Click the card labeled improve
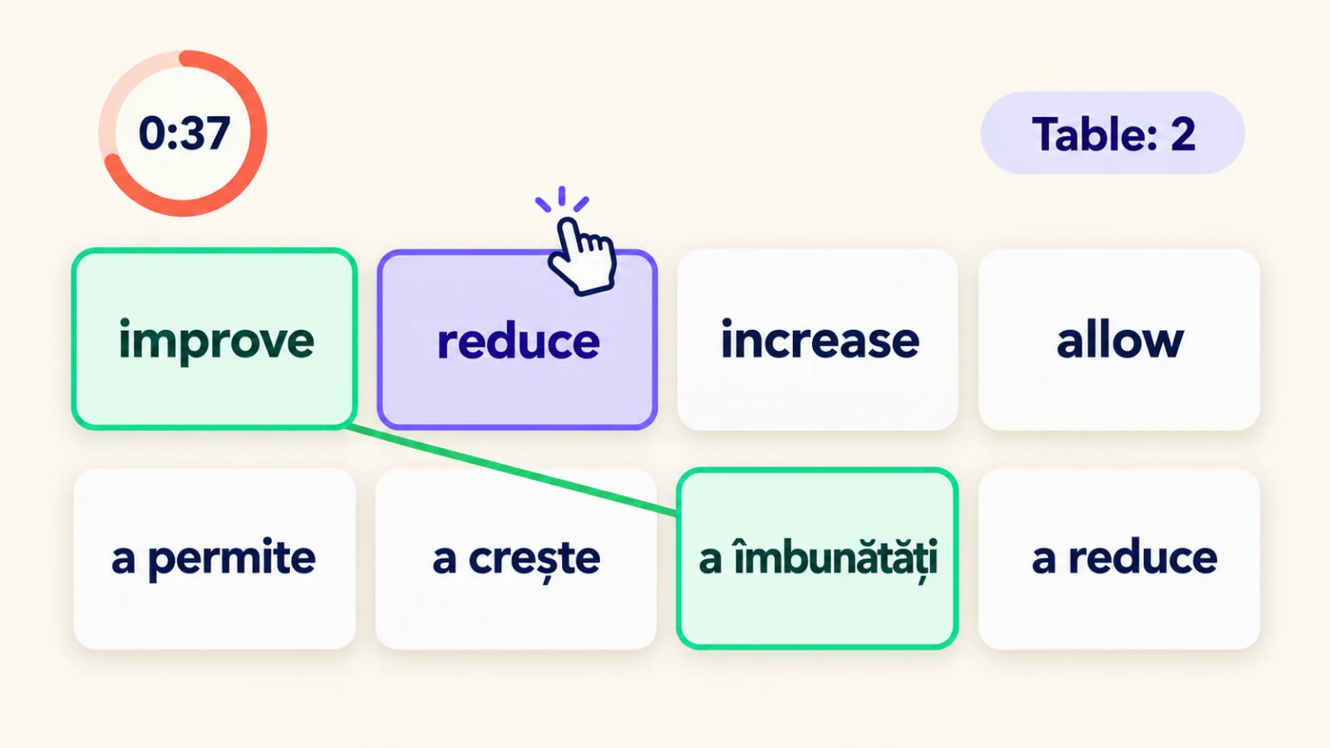[x=214, y=339]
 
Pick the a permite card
[x=214, y=559]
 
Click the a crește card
[x=516, y=559]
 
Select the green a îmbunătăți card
[x=818, y=559]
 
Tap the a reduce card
[x=1119, y=559]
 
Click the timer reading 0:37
[x=183, y=133]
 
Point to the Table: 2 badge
[x=1113, y=133]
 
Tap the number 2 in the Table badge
[x=1183, y=134]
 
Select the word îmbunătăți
[x=836, y=559]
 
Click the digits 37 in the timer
[x=208, y=133]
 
